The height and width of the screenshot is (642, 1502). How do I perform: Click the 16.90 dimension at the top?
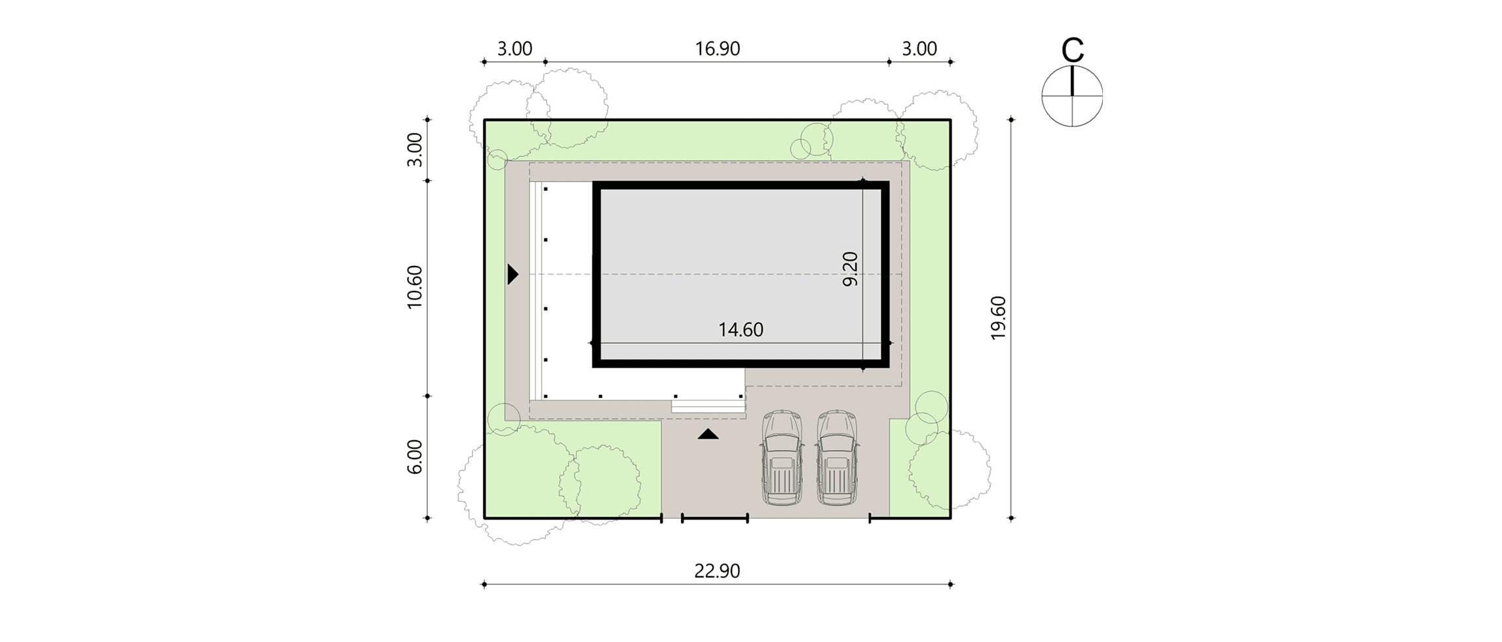[x=718, y=49]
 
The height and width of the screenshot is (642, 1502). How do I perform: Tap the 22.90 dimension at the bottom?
[x=717, y=571]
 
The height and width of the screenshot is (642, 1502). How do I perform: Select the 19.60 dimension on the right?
[x=998, y=318]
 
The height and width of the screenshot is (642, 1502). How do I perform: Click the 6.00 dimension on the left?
[x=415, y=457]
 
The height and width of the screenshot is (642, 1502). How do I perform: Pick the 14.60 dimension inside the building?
[x=741, y=330]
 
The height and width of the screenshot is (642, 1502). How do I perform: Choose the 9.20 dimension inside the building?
[x=850, y=269]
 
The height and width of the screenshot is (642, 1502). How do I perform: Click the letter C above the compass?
[x=1072, y=49]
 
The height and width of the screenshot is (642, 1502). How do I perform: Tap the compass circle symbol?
[x=1072, y=96]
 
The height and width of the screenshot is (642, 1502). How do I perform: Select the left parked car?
[x=782, y=457]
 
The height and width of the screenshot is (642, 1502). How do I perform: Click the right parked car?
[x=837, y=457]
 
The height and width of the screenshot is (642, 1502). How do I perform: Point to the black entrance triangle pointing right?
[x=513, y=274]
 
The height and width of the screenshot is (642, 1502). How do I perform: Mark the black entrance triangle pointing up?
[x=708, y=434]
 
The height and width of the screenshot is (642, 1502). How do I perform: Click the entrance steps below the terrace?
[x=708, y=406]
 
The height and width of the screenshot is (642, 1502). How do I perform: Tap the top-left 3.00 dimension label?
[x=514, y=49]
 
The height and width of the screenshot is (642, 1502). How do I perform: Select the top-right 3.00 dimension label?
[x=919, y=49]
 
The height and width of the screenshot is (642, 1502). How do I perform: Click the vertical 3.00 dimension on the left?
[x=415, y=149]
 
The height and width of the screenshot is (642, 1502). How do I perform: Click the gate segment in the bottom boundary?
[x=715, y=518]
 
